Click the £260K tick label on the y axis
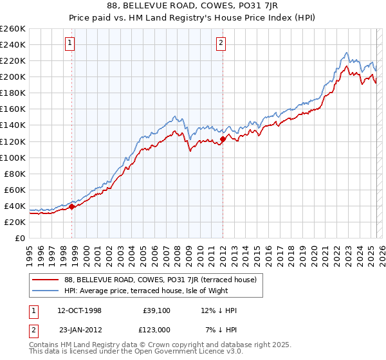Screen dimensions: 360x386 coord(13,28)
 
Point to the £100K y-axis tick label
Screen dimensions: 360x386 coord(13,157)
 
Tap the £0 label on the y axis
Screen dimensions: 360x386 coord(21,238)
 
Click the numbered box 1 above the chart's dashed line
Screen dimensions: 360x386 coord(69,44)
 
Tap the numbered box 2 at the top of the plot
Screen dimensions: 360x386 coord(221,44)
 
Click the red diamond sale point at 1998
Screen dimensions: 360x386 coord(72,206)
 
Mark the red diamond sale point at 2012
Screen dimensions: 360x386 coord(223,138)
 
